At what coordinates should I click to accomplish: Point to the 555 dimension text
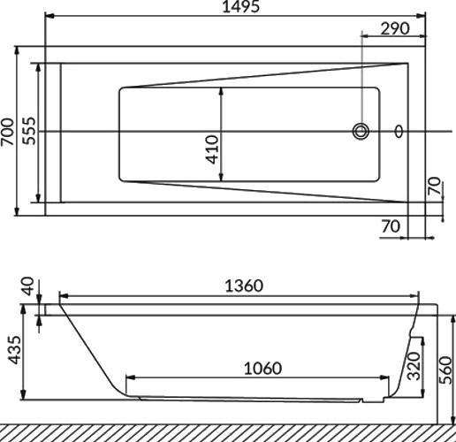point(28,132)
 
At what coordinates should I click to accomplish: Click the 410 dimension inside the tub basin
point(212,149)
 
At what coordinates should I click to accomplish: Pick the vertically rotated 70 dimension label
point(433,186)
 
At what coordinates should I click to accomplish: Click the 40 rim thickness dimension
point(29,287)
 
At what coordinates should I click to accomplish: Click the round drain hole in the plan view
point(361,132)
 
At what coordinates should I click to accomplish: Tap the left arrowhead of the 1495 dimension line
point(48,15)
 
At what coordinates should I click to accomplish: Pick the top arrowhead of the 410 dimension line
point(221,89)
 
